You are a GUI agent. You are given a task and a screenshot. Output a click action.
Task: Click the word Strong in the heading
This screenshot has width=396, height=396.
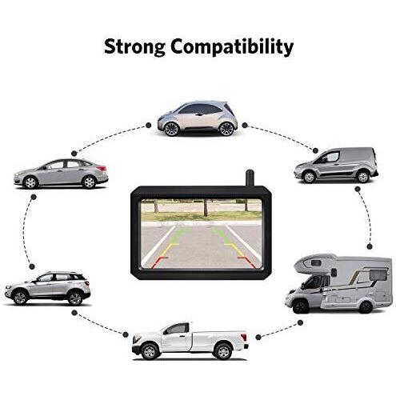(x=134, y=47)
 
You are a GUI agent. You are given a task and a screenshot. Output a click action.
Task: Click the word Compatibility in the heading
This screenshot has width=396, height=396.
(x=232, y=47)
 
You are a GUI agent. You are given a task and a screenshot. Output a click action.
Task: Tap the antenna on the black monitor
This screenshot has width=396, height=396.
(x=250, y=178)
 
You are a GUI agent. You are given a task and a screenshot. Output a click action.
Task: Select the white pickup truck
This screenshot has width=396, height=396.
(x=190, y=341)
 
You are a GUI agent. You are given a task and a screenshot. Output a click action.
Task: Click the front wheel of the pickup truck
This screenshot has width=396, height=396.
(x=150, y=351)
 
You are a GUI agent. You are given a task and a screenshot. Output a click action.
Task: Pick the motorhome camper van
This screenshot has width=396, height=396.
(x=338, y=283)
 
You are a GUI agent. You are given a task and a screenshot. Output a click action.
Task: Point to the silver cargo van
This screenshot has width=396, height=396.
(x=336, y=165)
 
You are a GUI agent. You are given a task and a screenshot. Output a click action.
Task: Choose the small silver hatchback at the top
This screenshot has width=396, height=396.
(x=198, y=118)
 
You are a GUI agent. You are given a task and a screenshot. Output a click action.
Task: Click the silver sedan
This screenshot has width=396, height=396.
(x=61, y=174)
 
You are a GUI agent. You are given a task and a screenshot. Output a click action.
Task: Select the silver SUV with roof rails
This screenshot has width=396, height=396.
(x=48, y=288)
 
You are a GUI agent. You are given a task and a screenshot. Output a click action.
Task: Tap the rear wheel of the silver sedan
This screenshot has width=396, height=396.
(x=89, y=182)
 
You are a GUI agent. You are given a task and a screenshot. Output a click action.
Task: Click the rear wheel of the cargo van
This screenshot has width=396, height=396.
(x=362, y=177)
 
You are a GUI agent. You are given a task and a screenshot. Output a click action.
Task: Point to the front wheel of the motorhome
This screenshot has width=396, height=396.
(x=300, y=307)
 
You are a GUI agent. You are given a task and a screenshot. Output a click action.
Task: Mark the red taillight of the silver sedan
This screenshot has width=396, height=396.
(x=102, y=168)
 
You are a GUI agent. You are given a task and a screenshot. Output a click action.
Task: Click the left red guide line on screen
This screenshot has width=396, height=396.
(x=158, y=262)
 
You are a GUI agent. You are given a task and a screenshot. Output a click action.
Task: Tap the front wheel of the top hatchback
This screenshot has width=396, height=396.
(x=171, y=129)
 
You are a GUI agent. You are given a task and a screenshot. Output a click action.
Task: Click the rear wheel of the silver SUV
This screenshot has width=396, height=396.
(x=75, y=298)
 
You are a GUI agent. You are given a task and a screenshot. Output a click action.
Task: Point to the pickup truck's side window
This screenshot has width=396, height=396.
(x=176, y=329)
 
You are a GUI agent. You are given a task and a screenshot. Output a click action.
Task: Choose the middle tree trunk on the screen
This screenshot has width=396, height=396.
(x=206, y=208)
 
